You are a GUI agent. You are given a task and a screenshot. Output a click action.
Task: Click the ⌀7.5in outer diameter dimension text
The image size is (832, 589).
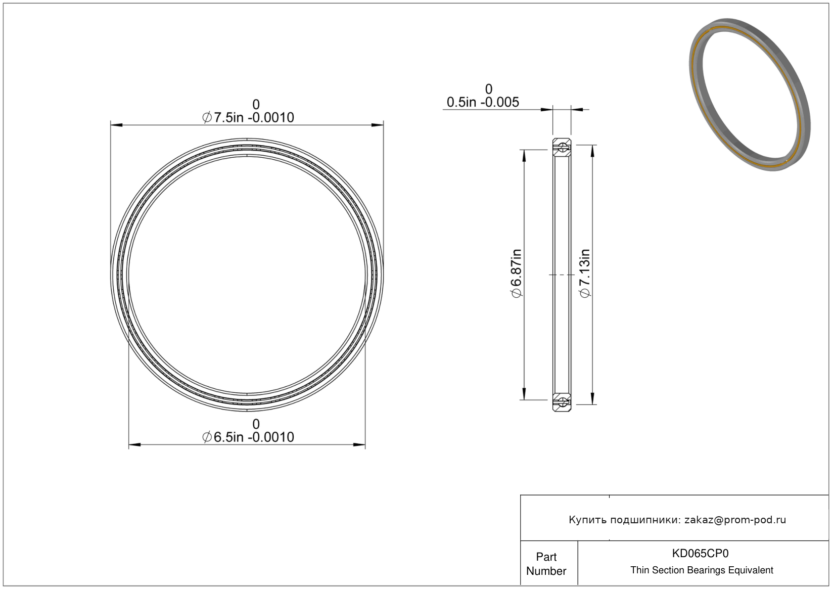[x=248, y=117]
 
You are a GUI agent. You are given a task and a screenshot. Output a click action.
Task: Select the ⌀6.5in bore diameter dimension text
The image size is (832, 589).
[x=248, y=437]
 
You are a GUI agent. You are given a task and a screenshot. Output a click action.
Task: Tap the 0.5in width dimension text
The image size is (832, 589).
[x=483, y=102]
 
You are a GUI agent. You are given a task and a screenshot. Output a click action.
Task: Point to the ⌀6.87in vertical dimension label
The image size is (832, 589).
[x=517, y=273]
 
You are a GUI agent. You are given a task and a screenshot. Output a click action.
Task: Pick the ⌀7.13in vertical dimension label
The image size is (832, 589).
[x=585, y=273]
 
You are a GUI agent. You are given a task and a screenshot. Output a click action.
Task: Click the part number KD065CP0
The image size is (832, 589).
[x=700, y=553]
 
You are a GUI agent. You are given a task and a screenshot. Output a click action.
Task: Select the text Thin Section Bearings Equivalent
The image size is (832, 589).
[x=702, y=570]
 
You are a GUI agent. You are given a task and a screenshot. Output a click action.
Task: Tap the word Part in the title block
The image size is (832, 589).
[x=546, y=557]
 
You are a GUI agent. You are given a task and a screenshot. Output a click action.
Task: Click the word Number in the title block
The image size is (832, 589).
[x=546, y=571]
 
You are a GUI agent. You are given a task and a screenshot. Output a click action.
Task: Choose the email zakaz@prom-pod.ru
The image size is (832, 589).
[x=735, y=520]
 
